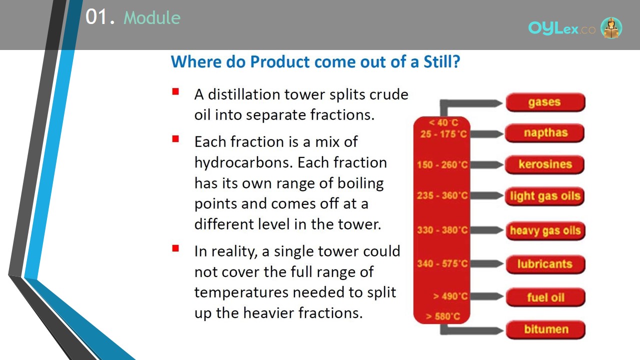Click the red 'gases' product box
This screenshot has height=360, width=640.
(545, 102)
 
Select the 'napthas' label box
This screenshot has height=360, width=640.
(544, 133)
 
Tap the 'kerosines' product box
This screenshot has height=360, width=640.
(544, 164)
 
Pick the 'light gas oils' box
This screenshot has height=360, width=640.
(544, 196)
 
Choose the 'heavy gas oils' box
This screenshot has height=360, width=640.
(545, 230)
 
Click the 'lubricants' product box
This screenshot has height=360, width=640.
(545, 264)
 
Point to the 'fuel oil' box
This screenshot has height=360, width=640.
(545, 297)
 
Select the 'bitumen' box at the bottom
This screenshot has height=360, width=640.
(545, 329)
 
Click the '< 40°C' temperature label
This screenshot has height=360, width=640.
(443, 123)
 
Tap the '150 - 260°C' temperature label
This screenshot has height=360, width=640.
(442, 164)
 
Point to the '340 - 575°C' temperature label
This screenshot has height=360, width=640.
(442, 263)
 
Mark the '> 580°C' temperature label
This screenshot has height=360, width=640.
(443, 316)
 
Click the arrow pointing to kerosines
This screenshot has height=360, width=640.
(486, 164)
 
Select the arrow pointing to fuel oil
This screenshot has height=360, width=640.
(486, 296)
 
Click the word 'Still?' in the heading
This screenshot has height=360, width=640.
(441, 61)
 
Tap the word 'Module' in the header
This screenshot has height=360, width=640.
(152, 17)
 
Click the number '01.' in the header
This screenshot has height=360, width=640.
(100, 17)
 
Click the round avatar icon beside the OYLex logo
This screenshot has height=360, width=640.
(611, 27)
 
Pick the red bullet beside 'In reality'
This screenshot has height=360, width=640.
(175, 248)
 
